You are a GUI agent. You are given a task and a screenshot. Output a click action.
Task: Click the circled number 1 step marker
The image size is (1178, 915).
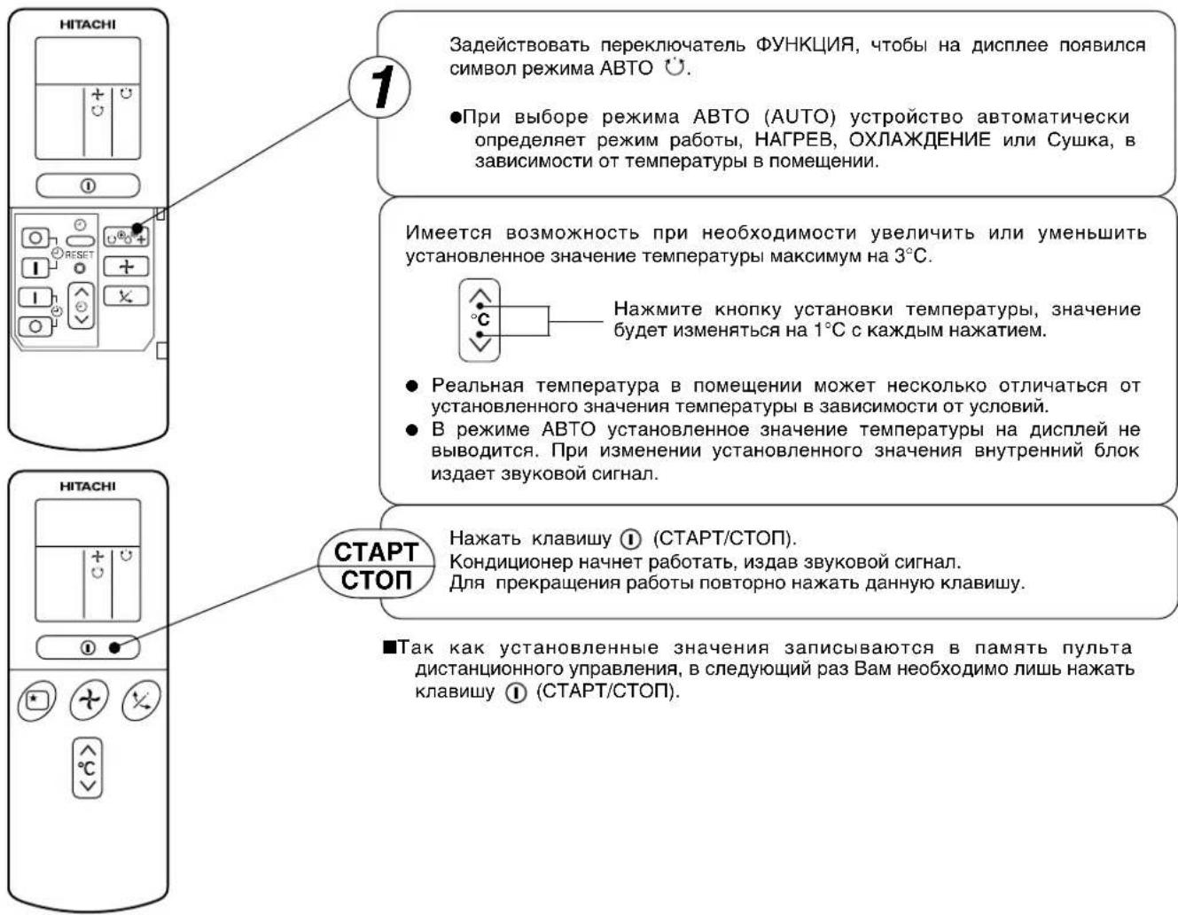(x=379, y=87)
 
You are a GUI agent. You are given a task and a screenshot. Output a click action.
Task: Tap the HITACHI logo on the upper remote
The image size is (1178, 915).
(x=87, y=25)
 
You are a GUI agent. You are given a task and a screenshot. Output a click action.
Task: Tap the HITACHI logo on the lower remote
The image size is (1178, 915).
(x=87, y=486)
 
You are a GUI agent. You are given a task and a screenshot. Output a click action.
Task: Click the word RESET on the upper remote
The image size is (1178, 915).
(x=79, y=254)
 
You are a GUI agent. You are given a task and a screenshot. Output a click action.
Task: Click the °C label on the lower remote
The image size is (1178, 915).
(x=86, y=768)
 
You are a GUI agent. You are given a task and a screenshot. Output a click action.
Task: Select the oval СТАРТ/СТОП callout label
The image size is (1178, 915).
(x=376, y=565)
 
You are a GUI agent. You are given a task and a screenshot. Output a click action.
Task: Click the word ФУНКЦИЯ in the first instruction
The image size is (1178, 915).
(x=806, y=44)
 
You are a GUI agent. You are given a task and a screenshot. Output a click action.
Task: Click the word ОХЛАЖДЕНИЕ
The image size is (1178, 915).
(x=919, y=140)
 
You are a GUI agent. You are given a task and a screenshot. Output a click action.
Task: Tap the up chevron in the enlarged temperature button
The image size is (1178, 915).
(x=480, y=295)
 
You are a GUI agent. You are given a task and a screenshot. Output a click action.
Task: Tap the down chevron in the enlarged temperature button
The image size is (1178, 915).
(x=480, y=344)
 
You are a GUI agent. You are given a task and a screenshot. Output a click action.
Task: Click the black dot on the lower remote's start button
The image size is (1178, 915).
(x=114, y=648)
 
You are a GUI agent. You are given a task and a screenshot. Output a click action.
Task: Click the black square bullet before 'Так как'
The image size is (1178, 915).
(x=390, y=647)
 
